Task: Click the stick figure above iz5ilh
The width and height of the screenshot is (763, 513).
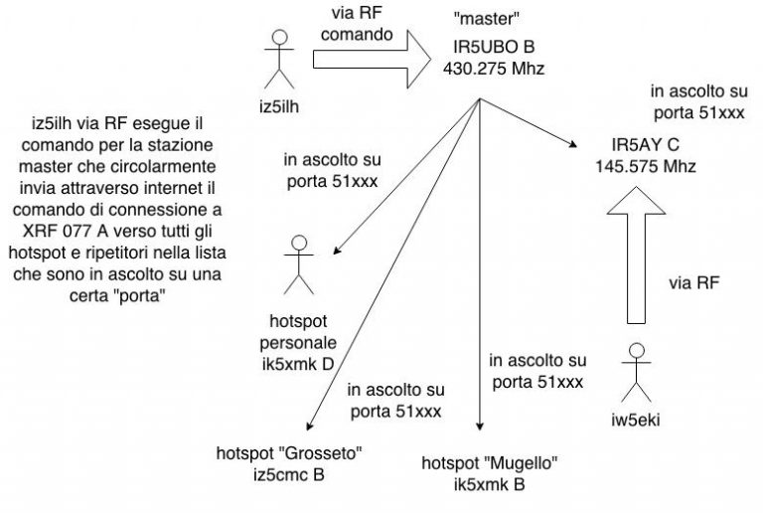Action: coord(279,60)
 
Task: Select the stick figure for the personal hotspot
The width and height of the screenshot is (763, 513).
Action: coord(299,265)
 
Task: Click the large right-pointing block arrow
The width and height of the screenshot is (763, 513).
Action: coord(372,60)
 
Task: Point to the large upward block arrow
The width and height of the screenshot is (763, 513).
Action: coord(636,256)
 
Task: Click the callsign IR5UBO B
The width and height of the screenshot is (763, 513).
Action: coord(494,47)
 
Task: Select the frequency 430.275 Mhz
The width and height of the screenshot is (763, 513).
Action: coord(494,69)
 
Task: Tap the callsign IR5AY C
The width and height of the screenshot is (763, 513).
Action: coord(645,145)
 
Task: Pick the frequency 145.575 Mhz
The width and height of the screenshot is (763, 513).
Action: coord(646,166)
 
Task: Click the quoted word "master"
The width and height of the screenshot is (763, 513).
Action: coord(487,19)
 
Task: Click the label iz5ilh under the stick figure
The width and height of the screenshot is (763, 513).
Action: coord(279,106)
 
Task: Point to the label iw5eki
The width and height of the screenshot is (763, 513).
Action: coord(636,420)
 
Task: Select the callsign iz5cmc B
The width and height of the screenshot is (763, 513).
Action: coord(289,474)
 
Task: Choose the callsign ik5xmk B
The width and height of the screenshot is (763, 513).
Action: coord(490,484)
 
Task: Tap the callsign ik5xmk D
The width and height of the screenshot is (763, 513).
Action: coord(298,364)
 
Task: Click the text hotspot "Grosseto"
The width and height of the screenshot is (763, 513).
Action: coord(289,453)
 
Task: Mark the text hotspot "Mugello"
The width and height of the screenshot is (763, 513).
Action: coord(490,463)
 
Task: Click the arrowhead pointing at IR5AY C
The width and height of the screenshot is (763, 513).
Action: coord(572,144)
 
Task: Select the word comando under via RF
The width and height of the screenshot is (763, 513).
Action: coord(357,34)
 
